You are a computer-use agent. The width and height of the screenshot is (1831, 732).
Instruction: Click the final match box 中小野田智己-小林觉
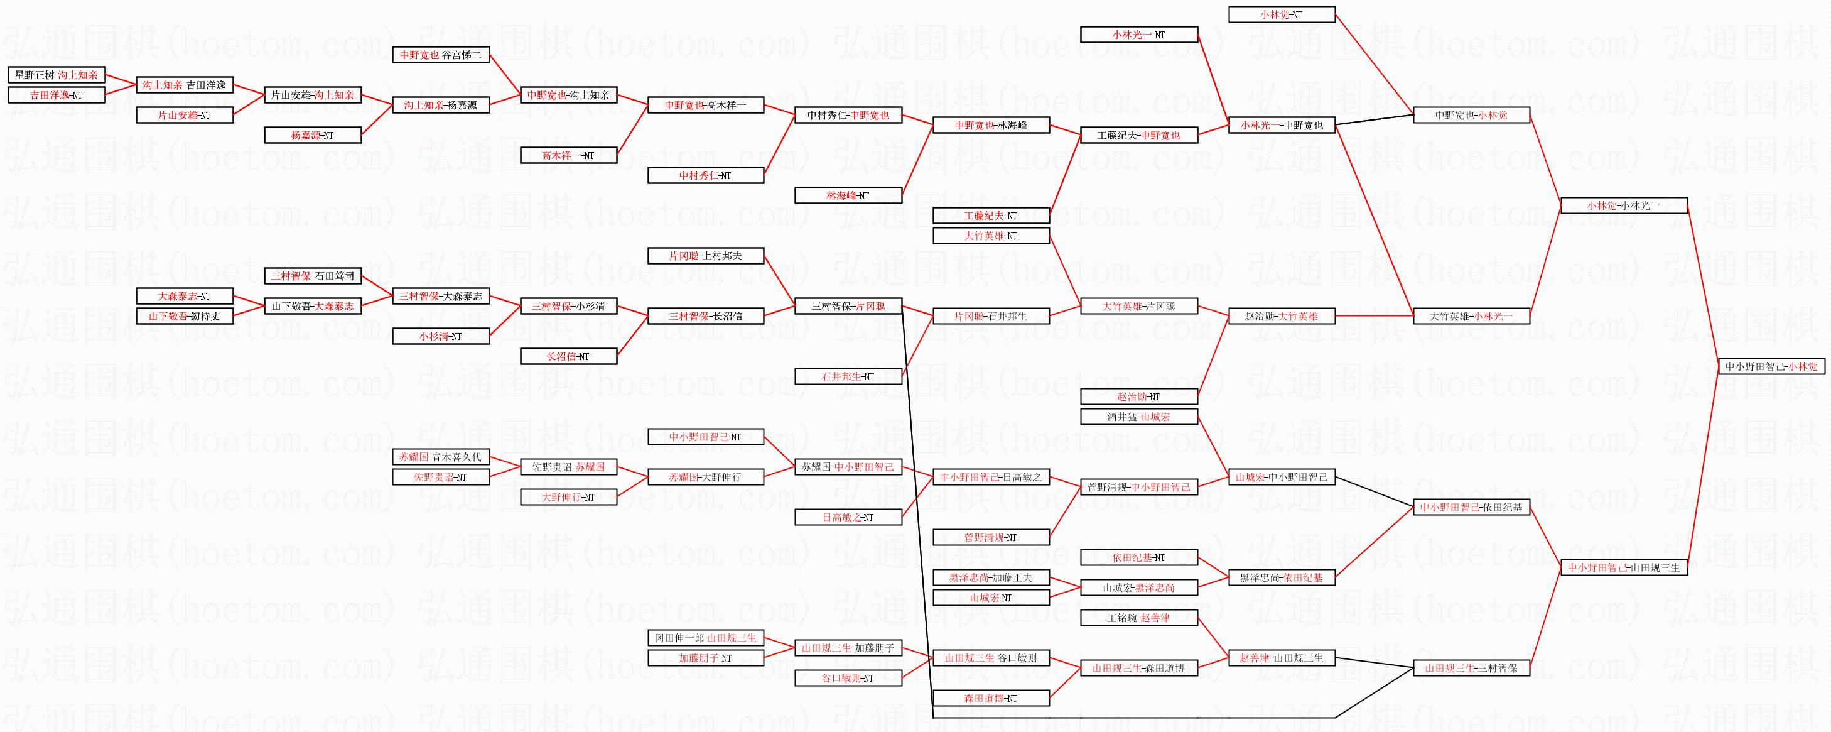tap(1771, 366)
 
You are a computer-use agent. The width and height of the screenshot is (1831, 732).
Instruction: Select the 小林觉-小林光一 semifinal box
tap(1623, 205)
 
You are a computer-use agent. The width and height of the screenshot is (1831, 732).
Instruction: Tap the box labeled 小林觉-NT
tap(1282, 14)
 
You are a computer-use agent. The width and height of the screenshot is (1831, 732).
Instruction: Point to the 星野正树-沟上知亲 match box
tap(56, 75)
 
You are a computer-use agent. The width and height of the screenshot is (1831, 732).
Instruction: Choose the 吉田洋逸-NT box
tap(56, 95)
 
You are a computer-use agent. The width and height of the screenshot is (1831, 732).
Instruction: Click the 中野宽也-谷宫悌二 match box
tap(441, 55)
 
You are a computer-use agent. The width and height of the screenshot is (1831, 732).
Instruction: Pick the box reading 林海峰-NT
tap(848, 195)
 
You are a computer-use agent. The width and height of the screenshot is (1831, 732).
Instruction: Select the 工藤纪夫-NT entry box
tap(991, 216)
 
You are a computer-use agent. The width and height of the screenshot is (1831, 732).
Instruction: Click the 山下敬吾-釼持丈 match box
tap(185, 316)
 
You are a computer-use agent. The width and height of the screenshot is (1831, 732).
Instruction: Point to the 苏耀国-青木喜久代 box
tap(441, 457)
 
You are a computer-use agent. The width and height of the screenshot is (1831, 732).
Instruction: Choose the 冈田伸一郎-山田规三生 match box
tap(705, 638)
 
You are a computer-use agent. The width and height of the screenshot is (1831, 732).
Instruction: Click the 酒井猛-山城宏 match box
tap(1138, 417)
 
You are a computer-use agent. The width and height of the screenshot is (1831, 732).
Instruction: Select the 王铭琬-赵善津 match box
tap(1138, 618)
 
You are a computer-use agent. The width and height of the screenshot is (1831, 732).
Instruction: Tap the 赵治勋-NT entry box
tap(1138, 397)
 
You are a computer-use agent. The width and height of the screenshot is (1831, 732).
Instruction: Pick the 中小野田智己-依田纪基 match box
tap(1471, 507)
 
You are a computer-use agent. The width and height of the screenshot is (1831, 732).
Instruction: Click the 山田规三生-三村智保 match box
tap(1471, 668)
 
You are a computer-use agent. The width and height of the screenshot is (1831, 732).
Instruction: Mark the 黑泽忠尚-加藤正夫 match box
tap(991, 577)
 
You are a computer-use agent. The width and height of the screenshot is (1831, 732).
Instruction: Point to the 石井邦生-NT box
tap(848, 376)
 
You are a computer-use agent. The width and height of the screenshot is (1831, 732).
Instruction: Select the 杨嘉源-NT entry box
tap(313, 135)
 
